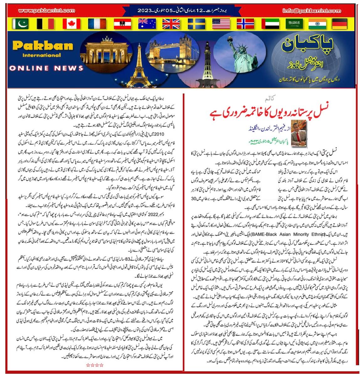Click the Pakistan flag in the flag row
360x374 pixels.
point(20,24)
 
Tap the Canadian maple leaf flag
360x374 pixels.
point(71,24)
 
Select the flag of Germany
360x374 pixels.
point(339,24)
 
